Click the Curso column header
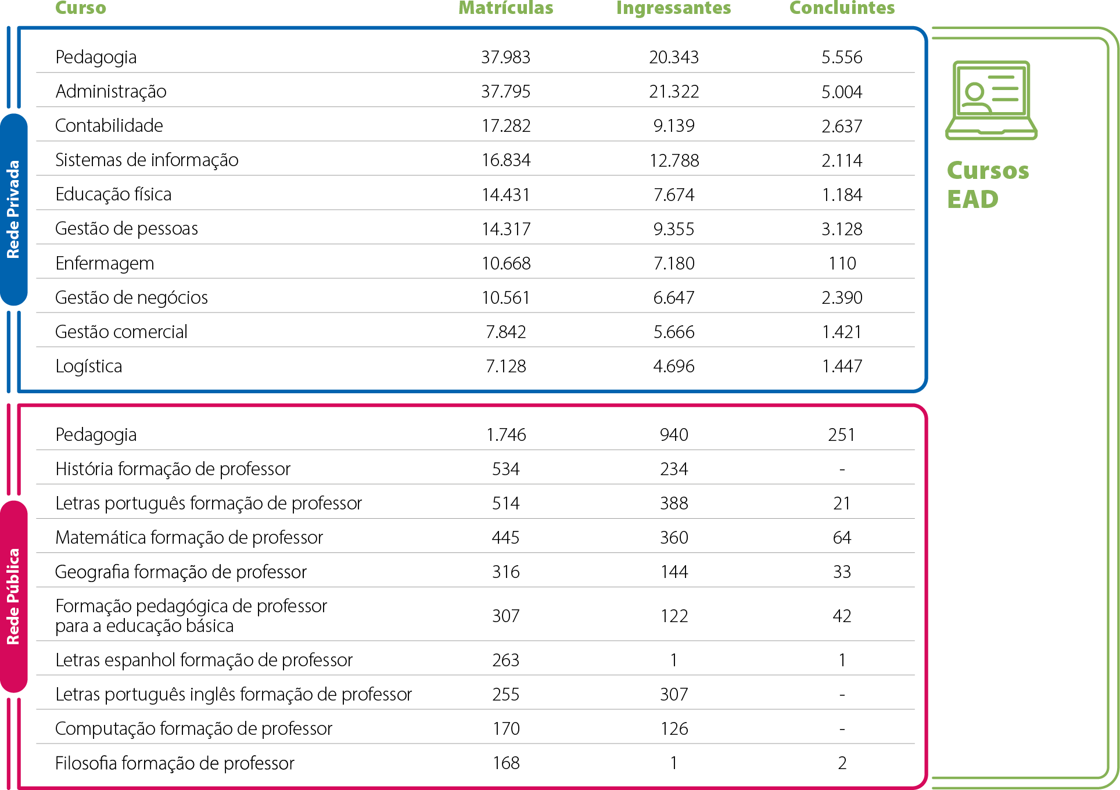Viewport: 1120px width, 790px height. tap(81, 8)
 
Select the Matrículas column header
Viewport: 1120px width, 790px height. tap(505, 8)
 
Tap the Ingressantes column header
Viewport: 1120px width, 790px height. tap(673, 8)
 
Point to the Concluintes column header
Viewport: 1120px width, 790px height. tap(842, 8)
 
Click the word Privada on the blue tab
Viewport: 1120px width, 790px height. tap(13, 188)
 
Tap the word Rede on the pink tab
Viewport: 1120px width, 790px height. tap(13, 630)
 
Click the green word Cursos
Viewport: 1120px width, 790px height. tap(988, 171)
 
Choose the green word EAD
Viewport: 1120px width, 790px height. tap(972, 200)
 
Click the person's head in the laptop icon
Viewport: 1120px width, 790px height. tap(975, 91)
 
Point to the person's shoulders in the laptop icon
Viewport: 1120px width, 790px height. tap(975, 106)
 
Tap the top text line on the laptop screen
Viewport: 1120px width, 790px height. tap(1001, 77)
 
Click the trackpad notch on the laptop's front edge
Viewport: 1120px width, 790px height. tap(991, 133)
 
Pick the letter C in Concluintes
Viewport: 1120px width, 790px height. tap(795, 8)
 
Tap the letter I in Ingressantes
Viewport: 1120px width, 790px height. tap(619, 8)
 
